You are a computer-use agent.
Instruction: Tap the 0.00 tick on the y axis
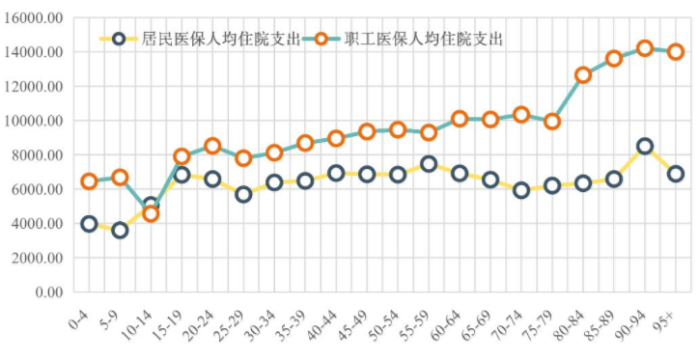(x=48, y=291)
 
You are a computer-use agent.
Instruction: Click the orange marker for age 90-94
(x=645, y=48)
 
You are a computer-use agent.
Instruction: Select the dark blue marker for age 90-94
(x=645, y=147)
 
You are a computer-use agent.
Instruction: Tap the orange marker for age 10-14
(x=151, y=213)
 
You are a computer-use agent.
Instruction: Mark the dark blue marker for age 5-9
(x=120, y=230)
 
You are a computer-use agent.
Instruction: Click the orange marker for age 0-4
(x=89, y=181)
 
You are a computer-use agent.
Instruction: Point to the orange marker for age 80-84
(x=583, y=74)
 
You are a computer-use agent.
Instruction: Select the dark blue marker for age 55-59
(x=429, y=164)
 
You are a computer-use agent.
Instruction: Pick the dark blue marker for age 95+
(x=676, y=174)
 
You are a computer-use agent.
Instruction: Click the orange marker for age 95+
(x=676, y=52)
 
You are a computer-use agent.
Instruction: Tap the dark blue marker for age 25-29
(x=243, y=194)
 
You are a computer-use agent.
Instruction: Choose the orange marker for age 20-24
(x=212, y=147)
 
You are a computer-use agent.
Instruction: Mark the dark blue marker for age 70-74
(x=521, y=190)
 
